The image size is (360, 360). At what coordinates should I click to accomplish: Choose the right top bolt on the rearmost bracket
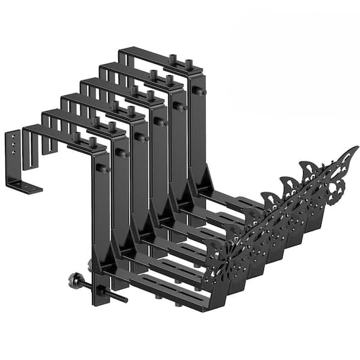click(190, 63)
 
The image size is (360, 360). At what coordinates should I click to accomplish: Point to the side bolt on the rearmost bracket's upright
click(198, 91)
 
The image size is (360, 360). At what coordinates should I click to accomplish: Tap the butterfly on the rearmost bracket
click(327, 174)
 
